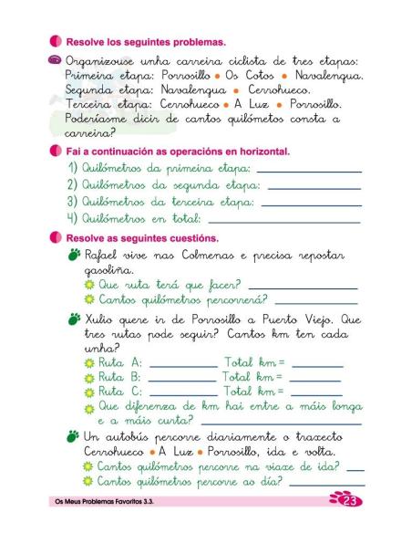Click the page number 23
[x=351, y=501]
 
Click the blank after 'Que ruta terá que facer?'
[x=302, y=286]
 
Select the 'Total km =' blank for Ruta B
[x=314, y=378]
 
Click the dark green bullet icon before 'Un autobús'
[x=73, y=436]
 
